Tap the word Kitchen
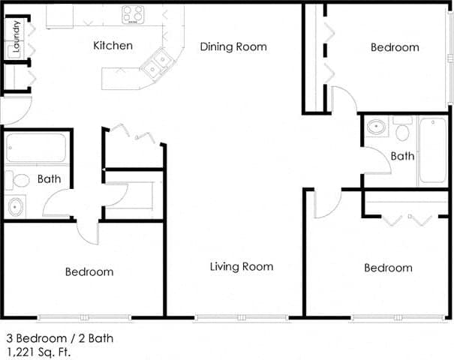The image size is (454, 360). pyautogui.click(x=113, y=46)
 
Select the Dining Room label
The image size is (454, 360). pyautogui.click(x=233, y=46)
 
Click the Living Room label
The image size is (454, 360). pyautogui.click(x=241, y=266)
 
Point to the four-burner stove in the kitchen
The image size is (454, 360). pyautogui.click(x=134, y=14)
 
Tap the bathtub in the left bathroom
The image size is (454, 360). pyautogui.click(x=36, y=148)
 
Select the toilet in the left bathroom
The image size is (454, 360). pyautogui.click(x=18, y=180)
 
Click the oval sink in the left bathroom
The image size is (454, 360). pyautogui.click(x=15, y=205)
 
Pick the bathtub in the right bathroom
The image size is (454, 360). pyautogui.click(x=432, y=150)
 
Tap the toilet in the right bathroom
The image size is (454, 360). pyautogui.click(x=401, y=130)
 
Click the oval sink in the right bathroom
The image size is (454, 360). pyautogui.click(x=377, y=127)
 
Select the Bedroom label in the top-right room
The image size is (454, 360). pyautogui.click(x=395, y=47)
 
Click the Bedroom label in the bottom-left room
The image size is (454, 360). pyautogui.click(x=89, y=271)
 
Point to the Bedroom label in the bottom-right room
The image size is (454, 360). pyautogui.click(x=388, y=268)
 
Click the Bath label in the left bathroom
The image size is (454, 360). pyautogui.click(x=49, y=179)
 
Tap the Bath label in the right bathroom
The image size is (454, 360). pyautogui.click(x=402, y=156)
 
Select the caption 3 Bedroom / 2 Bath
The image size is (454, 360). pyautogui.click(x=59, y=338)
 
